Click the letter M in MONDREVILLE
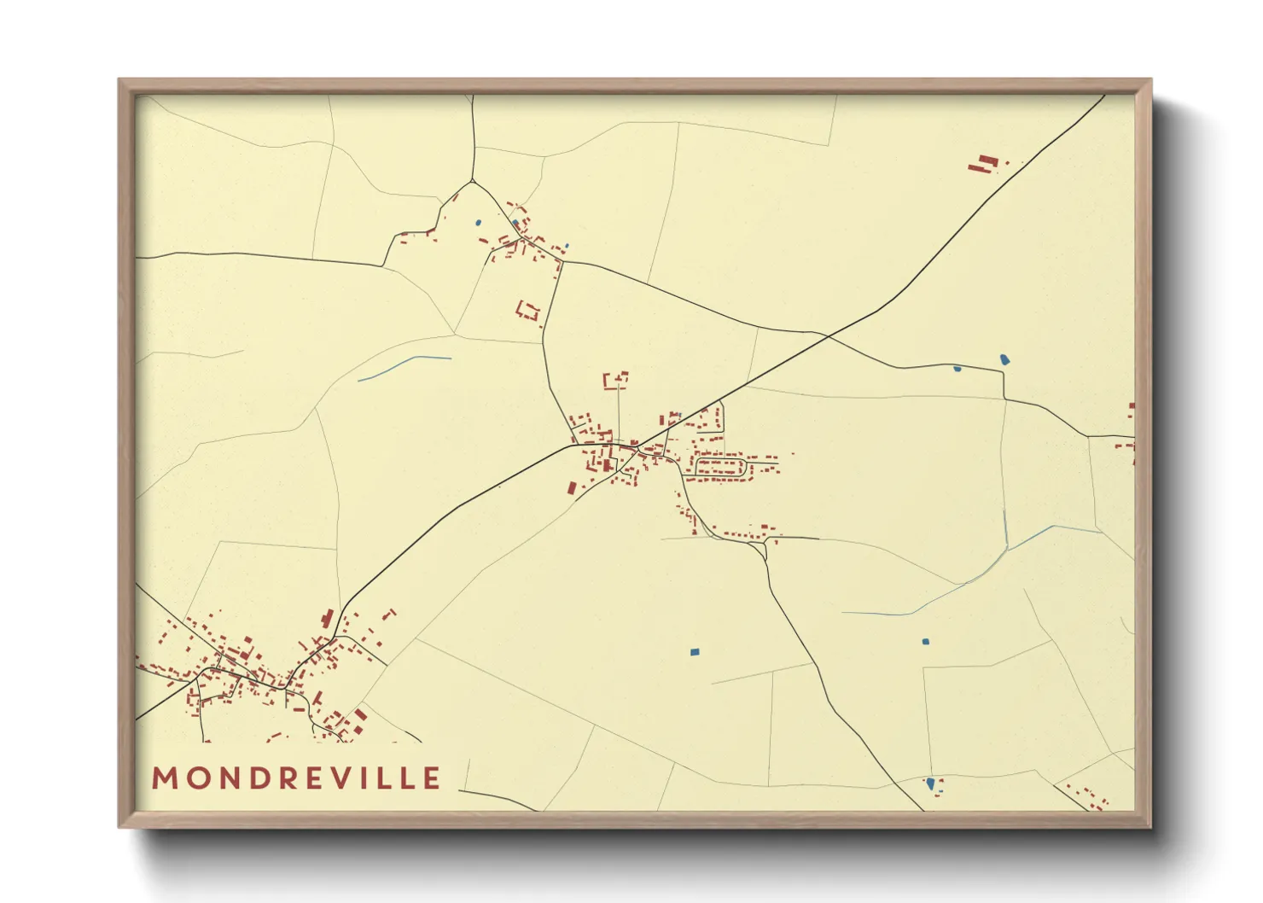(165, 778)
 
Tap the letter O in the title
(197, 778)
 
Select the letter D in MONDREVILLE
(258, 778)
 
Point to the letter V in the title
(346, 778)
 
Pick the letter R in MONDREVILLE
(288, 778)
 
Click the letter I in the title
(373, 778)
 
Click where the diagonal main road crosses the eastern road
(828, 337)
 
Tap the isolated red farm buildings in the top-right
(987, 163)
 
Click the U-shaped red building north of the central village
(616, 380)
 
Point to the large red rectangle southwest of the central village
(572, 488)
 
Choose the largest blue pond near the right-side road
(1004, 359)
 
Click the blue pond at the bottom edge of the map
(930, 783)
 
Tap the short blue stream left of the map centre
(404, 367)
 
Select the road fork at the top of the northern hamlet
(471, 181)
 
